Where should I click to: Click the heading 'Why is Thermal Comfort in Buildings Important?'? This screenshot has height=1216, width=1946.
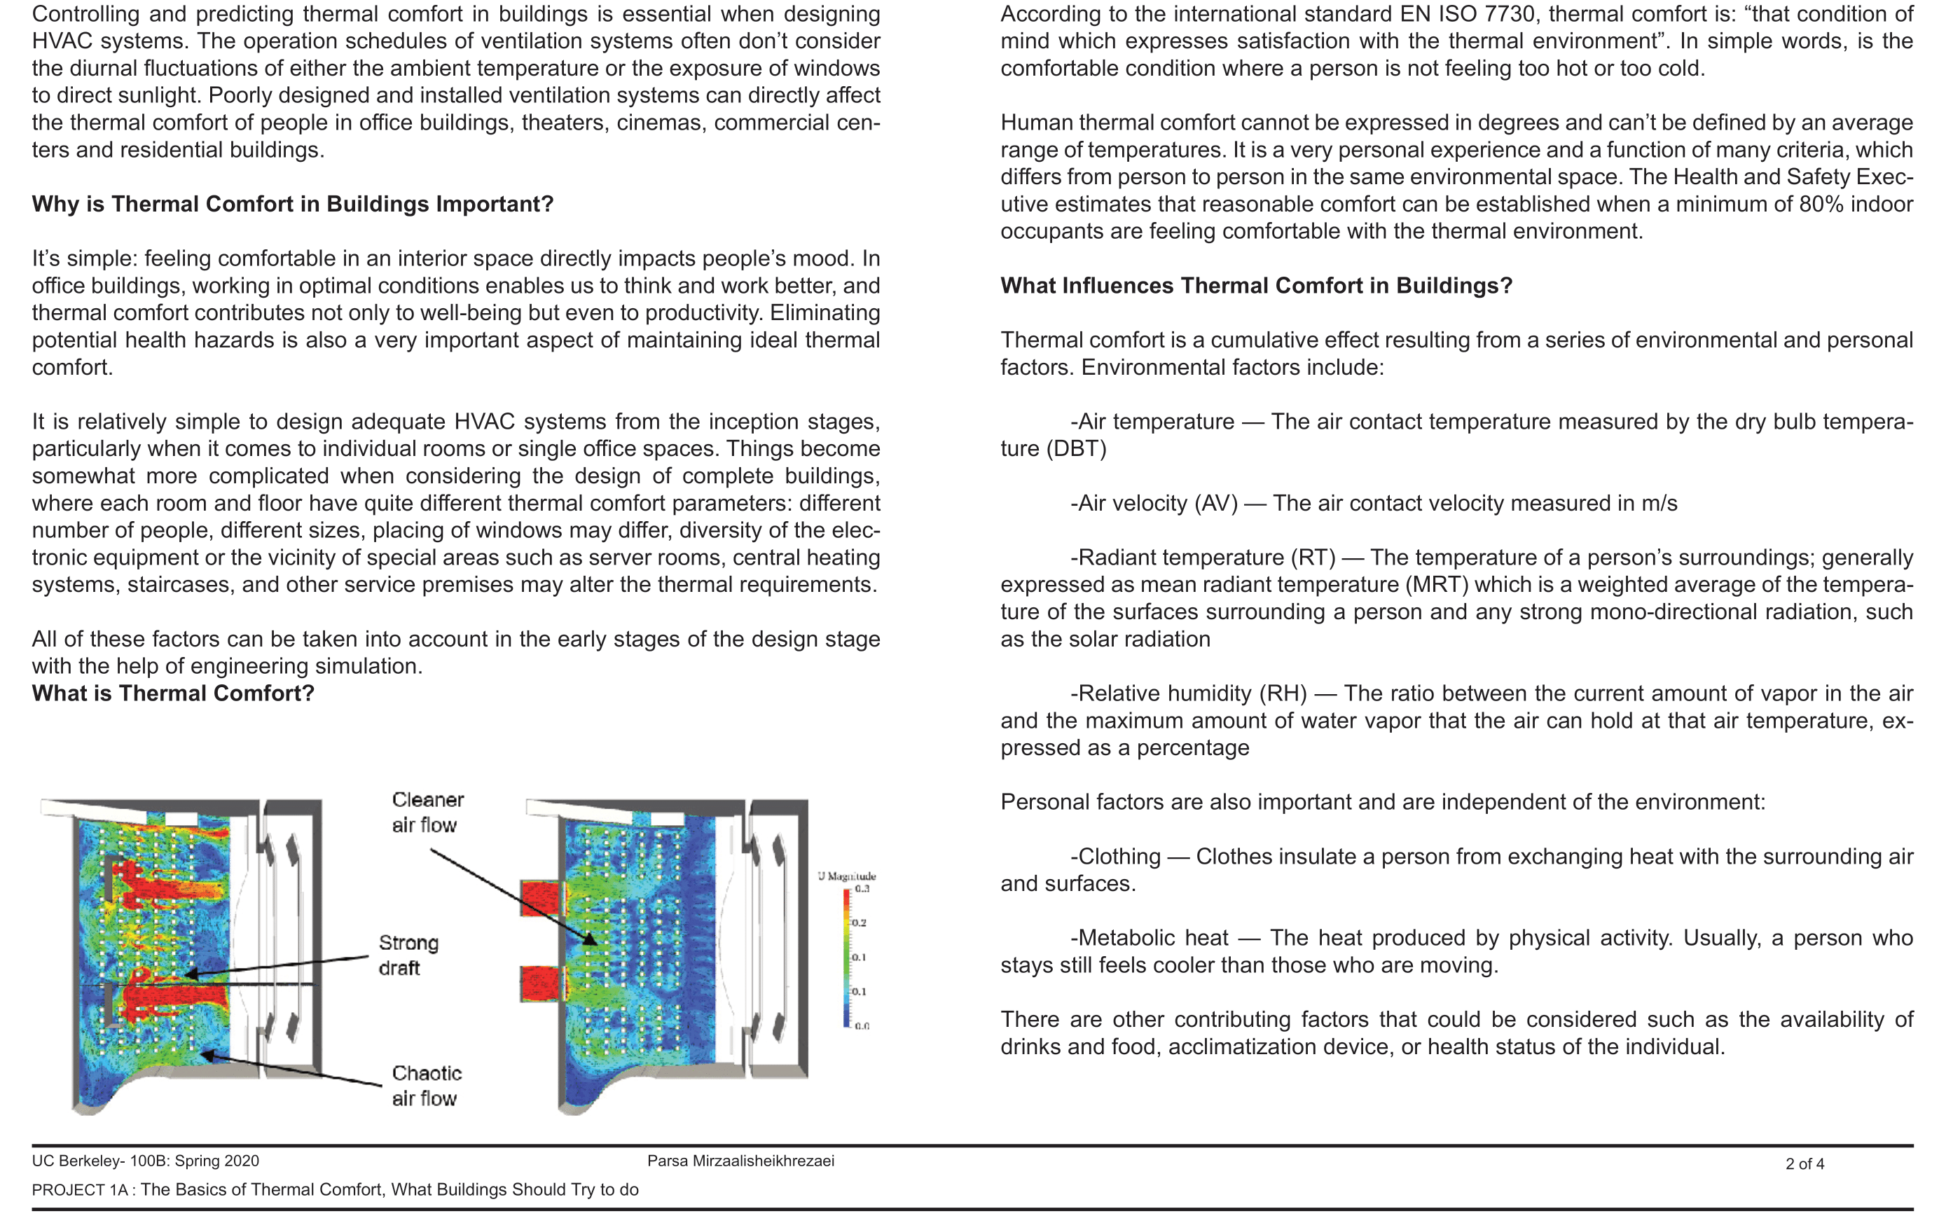(293, 205)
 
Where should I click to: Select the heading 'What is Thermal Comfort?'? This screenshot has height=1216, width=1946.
(173, 693)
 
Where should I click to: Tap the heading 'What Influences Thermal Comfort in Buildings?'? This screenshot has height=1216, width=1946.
(1256, 286)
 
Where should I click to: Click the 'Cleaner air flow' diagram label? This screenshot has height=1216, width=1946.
(427, 813)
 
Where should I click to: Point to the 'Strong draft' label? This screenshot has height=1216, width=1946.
(408, 955)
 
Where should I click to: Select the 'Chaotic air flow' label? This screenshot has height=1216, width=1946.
(426, 1086)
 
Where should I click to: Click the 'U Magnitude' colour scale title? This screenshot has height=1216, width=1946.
(847, 876)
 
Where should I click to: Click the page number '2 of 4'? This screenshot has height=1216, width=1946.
(1804, 1163)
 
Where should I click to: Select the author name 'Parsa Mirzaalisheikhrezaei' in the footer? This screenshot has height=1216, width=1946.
(740, 1161)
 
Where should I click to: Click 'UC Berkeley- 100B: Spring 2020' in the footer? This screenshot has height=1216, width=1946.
(146, 1161)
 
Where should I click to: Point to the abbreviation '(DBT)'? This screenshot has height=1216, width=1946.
(1077, 449)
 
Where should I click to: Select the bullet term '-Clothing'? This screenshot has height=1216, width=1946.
(1115, 857)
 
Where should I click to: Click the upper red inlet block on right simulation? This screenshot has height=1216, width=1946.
(544, 898)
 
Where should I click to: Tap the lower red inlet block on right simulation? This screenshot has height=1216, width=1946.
(544, 983)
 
